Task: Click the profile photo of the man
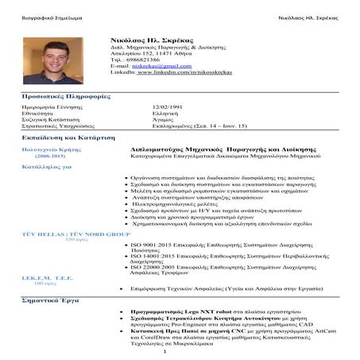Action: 52,60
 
